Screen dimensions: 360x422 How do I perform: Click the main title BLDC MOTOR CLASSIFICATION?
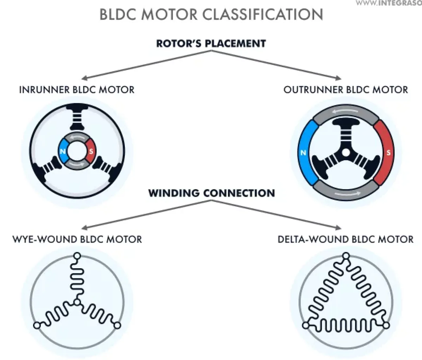[211, 15]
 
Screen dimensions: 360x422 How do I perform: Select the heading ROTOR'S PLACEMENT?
[211, 44]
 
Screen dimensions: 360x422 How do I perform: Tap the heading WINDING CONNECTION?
[211, 193]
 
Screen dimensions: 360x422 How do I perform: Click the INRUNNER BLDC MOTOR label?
[77, 90]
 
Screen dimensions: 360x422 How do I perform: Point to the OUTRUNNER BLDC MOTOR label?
[346, 90]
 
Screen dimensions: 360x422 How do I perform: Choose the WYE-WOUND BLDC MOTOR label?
[77, 239]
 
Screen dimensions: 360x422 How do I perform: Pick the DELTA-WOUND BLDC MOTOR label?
[346, 239]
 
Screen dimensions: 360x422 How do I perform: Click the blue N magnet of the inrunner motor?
[63, 152]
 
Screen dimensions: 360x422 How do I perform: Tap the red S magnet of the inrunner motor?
[91, 152]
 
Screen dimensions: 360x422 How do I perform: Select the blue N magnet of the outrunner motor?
[303, 153]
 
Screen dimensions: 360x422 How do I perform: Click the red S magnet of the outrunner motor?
[388, 153]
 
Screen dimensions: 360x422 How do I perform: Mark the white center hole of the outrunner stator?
[346, 153]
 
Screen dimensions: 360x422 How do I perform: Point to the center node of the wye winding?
[77, 302]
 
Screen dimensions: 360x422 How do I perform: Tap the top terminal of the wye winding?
[77, 256]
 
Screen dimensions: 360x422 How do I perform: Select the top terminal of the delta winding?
[346, 256]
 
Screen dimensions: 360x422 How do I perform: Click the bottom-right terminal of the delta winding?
[386, 326]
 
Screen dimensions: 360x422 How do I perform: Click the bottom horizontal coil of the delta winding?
[346, 326]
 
